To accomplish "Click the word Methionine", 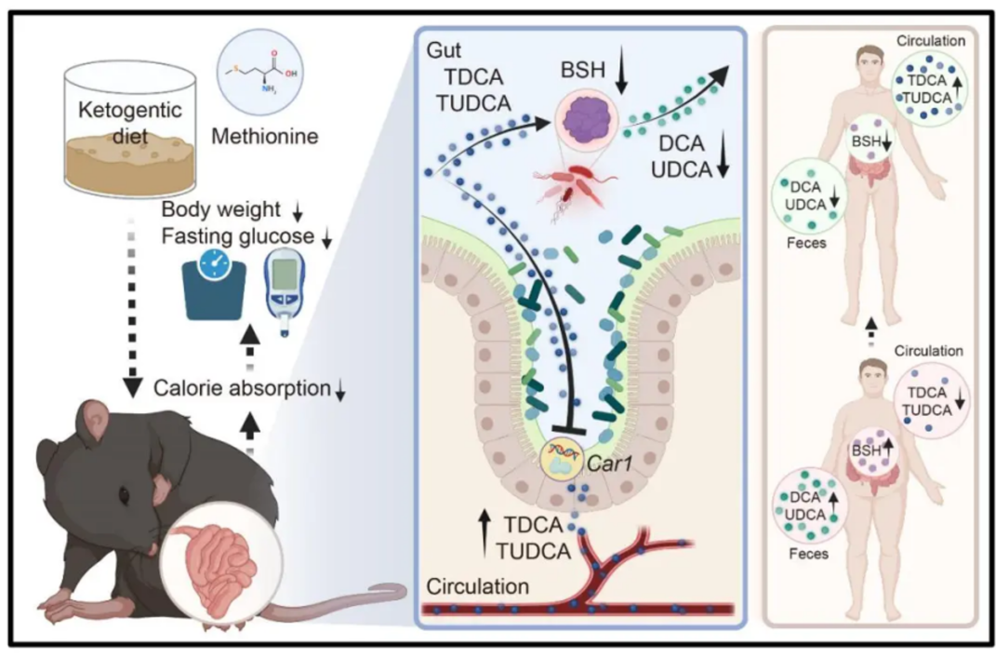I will pyautogui.click(x=265, y=137).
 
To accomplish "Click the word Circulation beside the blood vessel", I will pyautogui.click(x=478, y=588).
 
